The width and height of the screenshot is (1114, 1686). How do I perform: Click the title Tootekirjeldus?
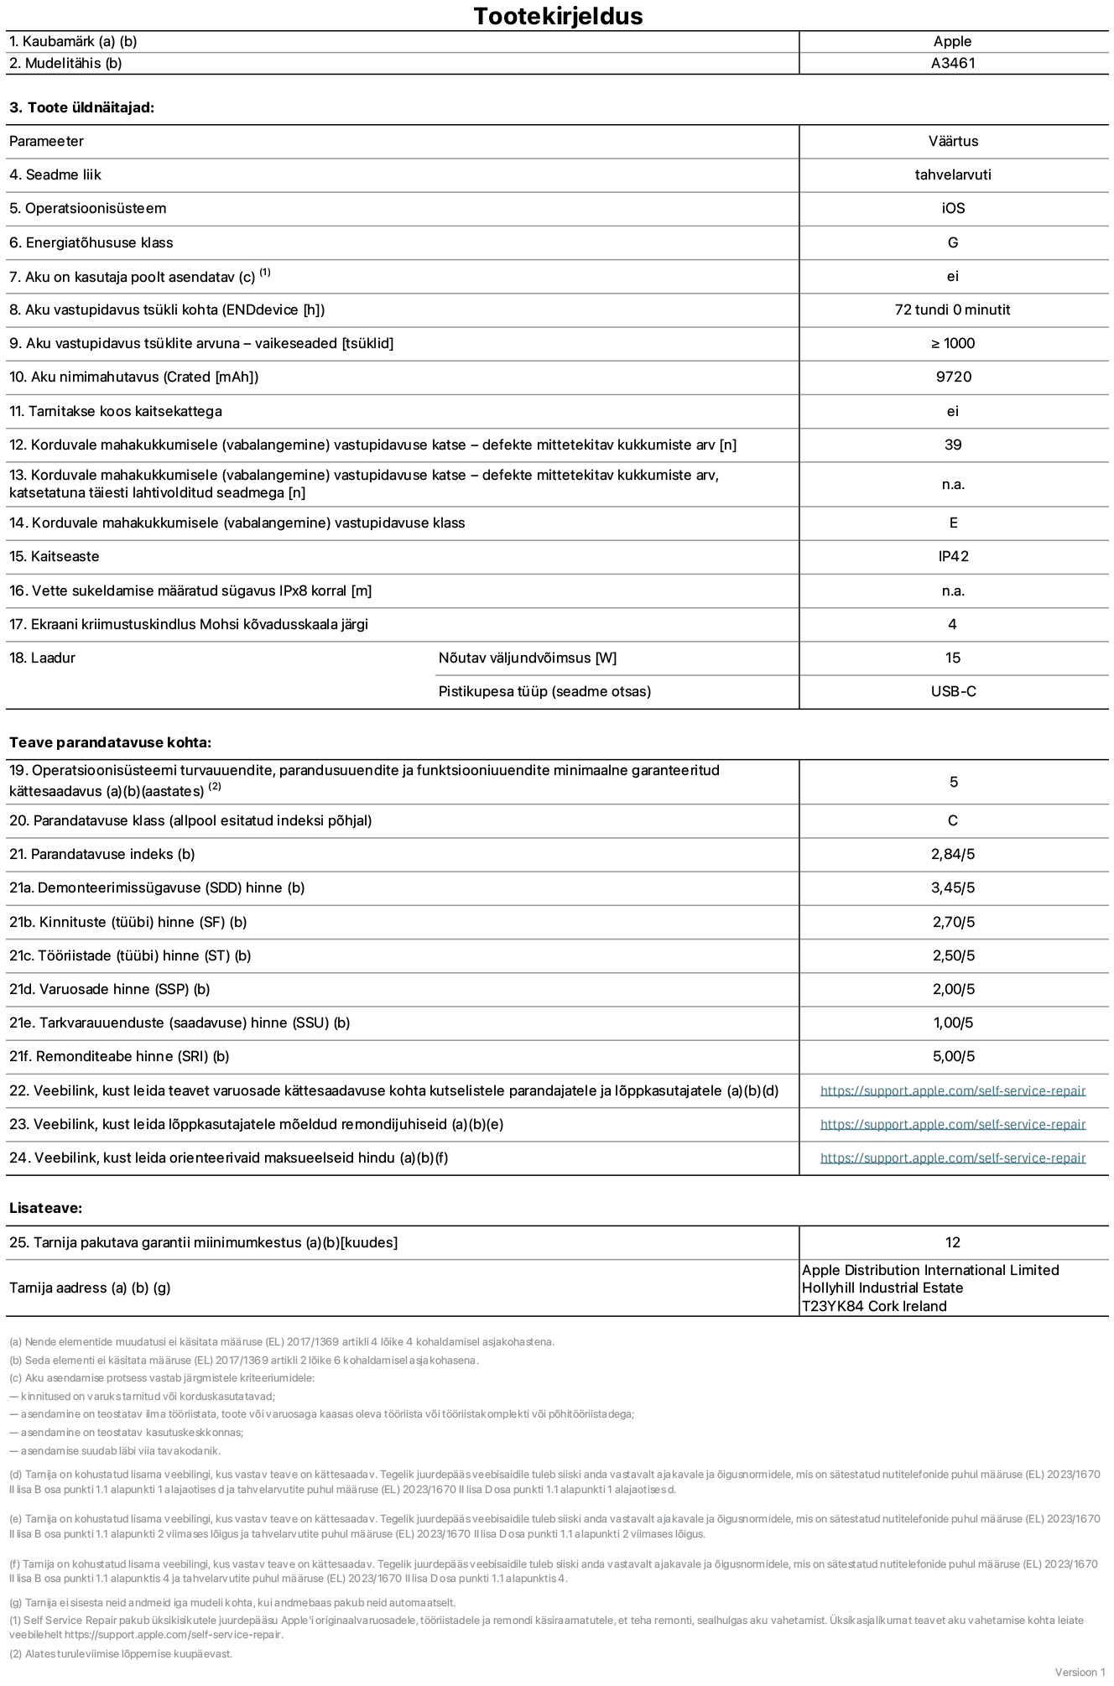[x=558, y=16]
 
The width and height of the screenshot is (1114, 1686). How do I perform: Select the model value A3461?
[x=953, y=63]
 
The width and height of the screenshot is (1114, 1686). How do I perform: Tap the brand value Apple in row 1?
[x=952, y=41]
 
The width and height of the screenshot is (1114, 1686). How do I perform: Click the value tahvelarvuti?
[x=953, y=174]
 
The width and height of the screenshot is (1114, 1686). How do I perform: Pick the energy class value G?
[x=953, y=242]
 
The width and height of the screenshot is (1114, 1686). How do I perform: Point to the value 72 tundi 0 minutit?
[x=952, y=310]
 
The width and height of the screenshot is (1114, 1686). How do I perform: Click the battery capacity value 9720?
[x=953, y=377]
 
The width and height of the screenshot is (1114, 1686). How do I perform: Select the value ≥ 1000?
[x=953, y=343]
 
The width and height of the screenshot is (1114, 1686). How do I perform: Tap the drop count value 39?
[x=953, y=445]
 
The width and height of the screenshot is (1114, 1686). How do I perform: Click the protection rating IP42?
[x=953, y=556]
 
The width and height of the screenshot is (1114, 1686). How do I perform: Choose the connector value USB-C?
[x=953, y=691]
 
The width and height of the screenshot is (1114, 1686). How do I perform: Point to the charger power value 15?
[x=953, y=658]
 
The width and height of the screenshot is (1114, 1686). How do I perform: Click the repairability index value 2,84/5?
[x=953, y=854]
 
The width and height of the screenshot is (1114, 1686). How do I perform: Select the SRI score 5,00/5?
[x=953, y=1056]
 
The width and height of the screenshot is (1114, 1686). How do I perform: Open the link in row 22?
[x=953, y=1090]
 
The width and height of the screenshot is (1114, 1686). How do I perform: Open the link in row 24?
[x=953, y=1158]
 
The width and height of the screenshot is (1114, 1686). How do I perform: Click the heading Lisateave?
[x=45, y=1208]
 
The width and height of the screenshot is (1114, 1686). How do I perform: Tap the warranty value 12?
[x=952, y=1242]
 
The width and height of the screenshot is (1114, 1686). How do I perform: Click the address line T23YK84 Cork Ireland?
[x=874, y=1306]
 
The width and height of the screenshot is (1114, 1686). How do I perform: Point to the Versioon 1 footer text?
[x=1080, y=1672]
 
